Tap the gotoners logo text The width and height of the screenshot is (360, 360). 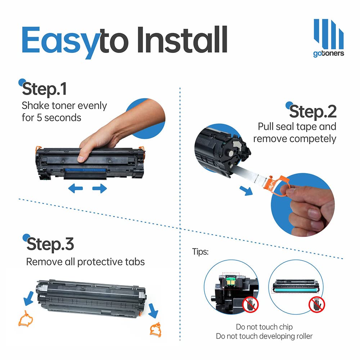[329, 54]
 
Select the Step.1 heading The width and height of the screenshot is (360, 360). [44, 89]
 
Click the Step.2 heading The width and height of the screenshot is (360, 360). [313, 112]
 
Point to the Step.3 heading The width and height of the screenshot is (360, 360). [50, 244]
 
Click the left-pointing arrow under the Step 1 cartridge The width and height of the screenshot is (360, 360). [76, 188]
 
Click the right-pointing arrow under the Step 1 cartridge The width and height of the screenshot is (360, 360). [99, 188]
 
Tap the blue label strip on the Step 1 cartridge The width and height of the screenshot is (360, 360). [85, 170]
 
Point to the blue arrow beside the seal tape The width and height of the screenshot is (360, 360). [246, 190]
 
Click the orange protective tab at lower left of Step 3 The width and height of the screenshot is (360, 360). [26, 319]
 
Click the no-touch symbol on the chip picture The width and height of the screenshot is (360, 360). [251, 305]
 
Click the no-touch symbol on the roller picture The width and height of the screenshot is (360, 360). [316, 305]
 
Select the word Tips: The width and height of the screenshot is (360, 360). [201, 252]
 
